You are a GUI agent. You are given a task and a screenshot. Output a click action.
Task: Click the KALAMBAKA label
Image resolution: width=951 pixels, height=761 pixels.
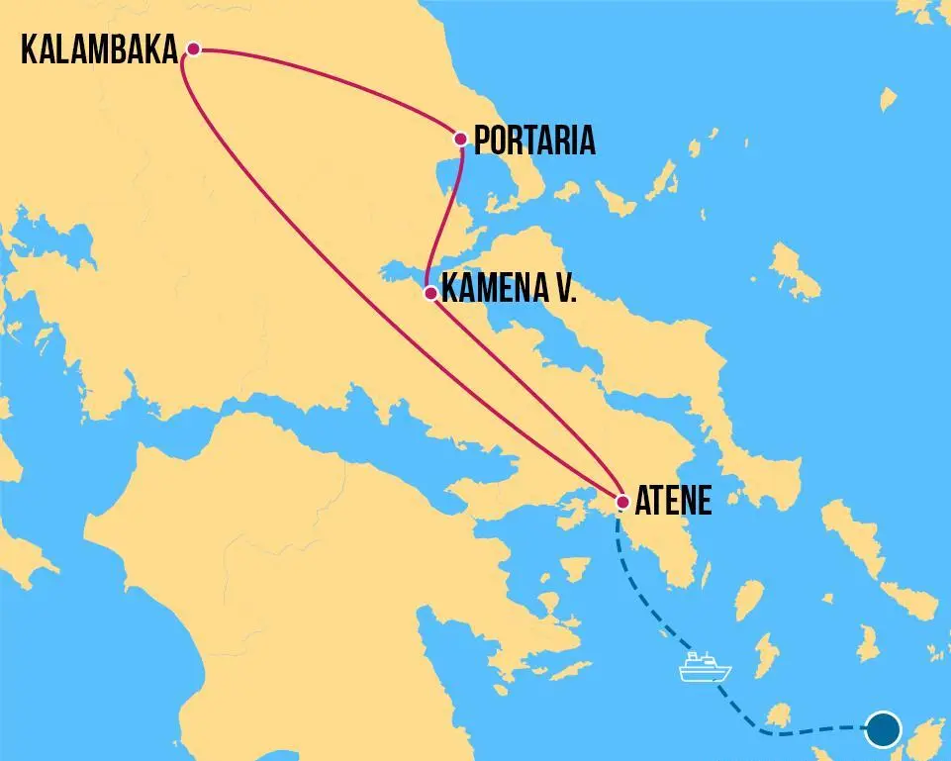(x=99, y=50)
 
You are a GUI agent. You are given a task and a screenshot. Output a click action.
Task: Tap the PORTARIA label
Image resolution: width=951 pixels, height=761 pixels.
(x=535, y=141)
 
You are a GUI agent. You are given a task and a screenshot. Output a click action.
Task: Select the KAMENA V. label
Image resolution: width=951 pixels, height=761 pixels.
(x=509, y=291)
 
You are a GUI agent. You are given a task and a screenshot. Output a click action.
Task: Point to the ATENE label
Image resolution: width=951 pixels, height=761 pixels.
(x=674, y=501)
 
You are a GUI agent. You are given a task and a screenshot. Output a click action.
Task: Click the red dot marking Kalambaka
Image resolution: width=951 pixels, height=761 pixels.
(x=194, y=48)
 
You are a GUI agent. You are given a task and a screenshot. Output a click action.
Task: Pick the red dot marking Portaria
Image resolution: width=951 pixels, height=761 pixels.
(x=460, y=139)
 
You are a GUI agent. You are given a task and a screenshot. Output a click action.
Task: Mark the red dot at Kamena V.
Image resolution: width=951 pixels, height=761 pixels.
(x=429, y=293)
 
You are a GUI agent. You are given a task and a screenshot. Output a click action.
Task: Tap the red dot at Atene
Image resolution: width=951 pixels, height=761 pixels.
(x=622, y=502)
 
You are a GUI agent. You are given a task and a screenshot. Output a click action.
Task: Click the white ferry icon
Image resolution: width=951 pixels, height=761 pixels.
(x=705, y=668)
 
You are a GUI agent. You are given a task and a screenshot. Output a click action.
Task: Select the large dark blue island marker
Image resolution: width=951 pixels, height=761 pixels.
(x=883, y=730)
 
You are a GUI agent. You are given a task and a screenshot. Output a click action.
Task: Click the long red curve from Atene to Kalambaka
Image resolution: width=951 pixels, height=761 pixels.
(x=327, y=297)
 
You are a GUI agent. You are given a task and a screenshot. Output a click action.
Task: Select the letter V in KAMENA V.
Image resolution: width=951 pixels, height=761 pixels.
(x=560, y=291)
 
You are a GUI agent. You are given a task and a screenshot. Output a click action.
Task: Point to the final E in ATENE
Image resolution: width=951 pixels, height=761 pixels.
(x=704, y=501)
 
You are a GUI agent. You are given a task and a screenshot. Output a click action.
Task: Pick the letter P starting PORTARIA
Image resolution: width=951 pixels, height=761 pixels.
(x=484, y=141)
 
